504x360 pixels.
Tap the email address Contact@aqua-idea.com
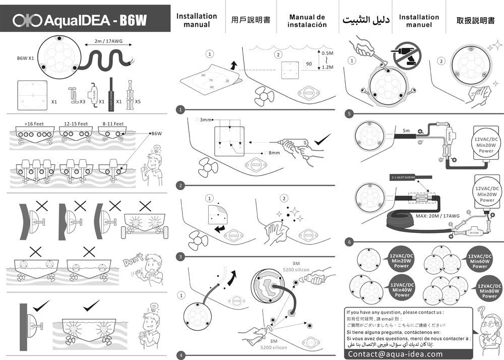pos(396,354)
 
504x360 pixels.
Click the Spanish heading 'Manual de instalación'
pos(307,21)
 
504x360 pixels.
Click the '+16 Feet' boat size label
pos(34,124)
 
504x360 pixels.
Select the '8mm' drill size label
pos(274,152)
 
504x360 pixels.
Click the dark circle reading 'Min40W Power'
pos(402,290)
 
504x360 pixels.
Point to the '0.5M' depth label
pos(327,53)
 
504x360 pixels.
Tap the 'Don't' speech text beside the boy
pos(134,262)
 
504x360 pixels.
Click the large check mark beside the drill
pos(323,140)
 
